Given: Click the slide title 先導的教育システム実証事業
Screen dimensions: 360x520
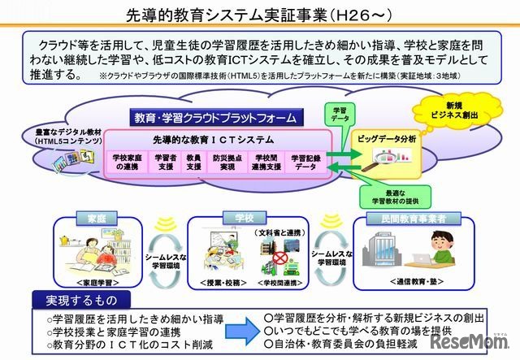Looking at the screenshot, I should click(x=259, y=15).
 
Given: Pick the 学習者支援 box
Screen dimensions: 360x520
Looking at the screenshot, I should click(x=165, y=161).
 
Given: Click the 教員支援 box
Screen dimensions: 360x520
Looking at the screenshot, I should click(x=193, y=161).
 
